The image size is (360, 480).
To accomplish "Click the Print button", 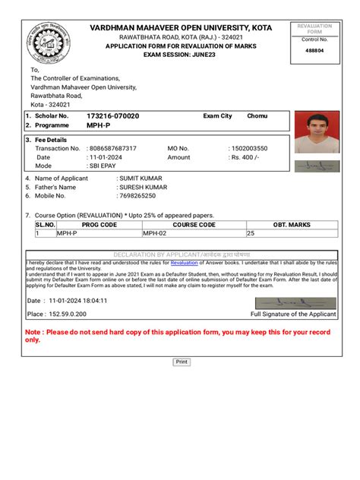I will [182, 362].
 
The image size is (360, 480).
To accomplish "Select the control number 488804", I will [313, 51].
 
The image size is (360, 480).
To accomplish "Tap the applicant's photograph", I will [317, 134].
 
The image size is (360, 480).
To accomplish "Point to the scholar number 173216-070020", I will [112, 115].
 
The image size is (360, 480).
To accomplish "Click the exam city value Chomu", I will [257, 115].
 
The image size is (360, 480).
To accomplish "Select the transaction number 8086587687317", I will [113, 148].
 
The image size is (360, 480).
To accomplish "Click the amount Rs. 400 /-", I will [247, 157].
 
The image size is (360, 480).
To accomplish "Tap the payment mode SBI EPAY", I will [105, 166].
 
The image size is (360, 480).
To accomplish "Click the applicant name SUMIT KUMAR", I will [140, 178].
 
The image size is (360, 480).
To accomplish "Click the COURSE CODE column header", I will [194, 225].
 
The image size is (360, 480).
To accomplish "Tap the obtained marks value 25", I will [251, 234].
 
